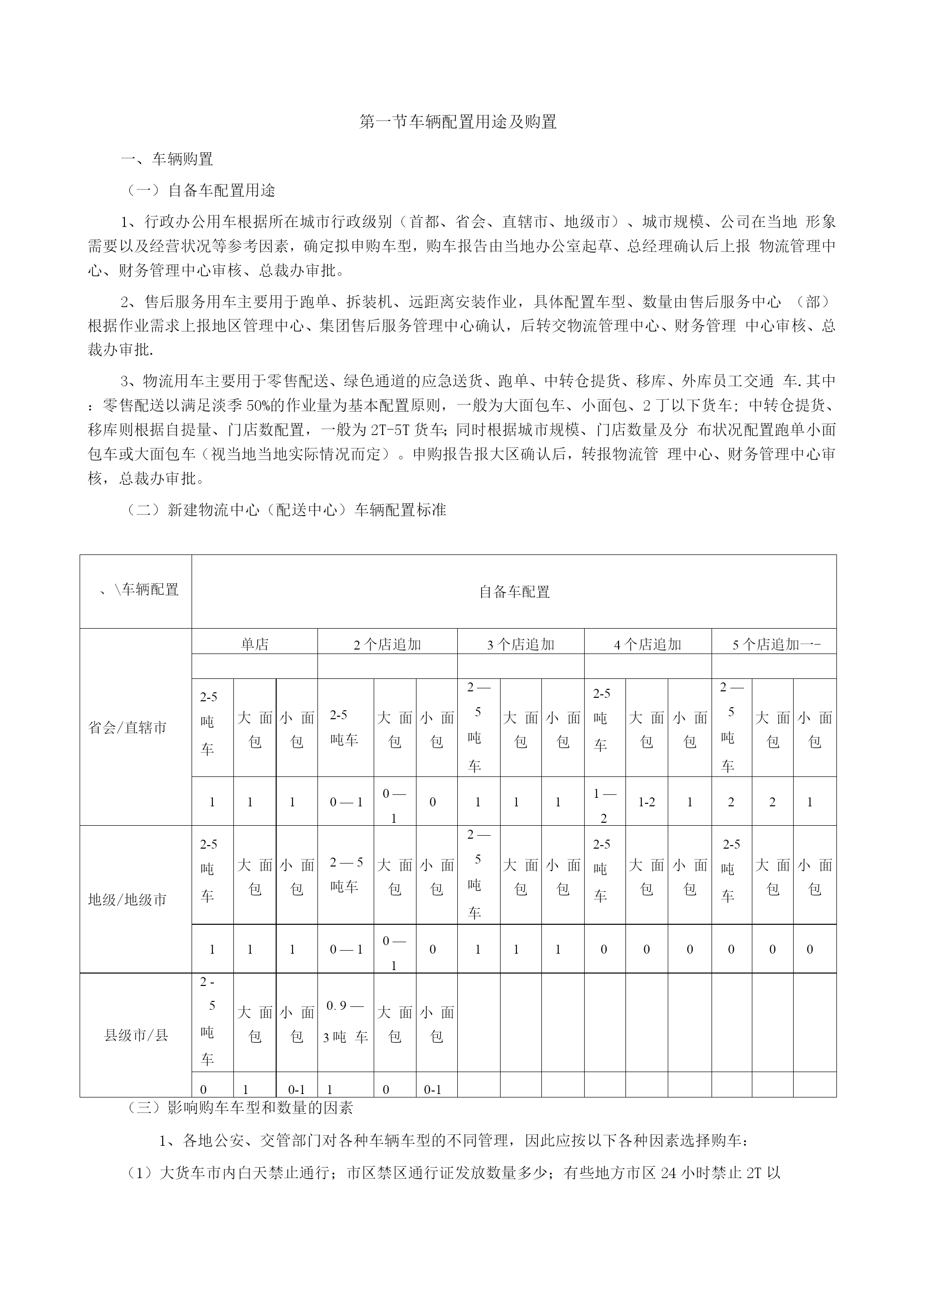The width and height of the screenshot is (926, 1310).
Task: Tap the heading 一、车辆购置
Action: (x=167, y=159)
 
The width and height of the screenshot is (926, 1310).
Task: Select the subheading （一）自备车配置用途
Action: (x=200, y=191)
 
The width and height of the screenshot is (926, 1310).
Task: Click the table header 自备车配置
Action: (x=514, y=592)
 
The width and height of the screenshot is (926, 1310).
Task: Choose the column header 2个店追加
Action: (x=388, y=645)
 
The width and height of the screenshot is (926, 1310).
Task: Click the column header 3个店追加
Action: (x=520, y=645)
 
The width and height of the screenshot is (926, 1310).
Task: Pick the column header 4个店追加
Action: (x=647, y=645)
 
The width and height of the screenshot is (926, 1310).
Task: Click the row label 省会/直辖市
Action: (x=127, y=728)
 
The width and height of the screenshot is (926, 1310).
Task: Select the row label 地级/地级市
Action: (x=127, y=900)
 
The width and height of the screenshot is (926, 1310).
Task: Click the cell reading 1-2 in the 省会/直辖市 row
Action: (x=646, y=802)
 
